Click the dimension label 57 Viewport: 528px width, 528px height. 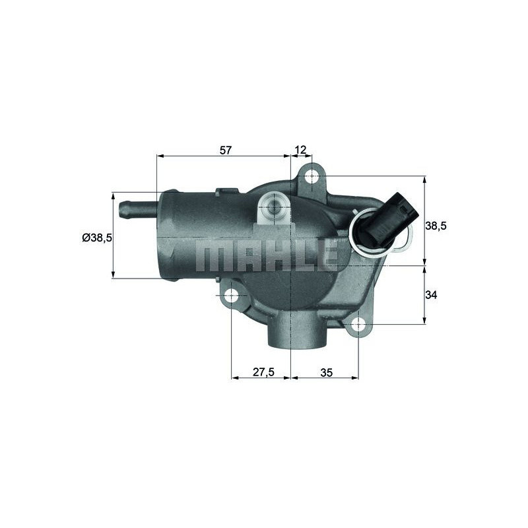226,150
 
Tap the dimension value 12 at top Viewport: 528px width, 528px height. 301,150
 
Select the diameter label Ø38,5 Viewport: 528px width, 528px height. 97,238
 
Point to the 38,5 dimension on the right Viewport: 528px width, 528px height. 436,226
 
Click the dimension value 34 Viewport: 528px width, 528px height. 431,295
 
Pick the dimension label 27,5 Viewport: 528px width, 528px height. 263,372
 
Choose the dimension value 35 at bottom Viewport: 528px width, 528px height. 326,372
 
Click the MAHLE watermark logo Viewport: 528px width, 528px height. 268,255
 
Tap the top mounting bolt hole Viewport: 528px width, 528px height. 312,176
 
